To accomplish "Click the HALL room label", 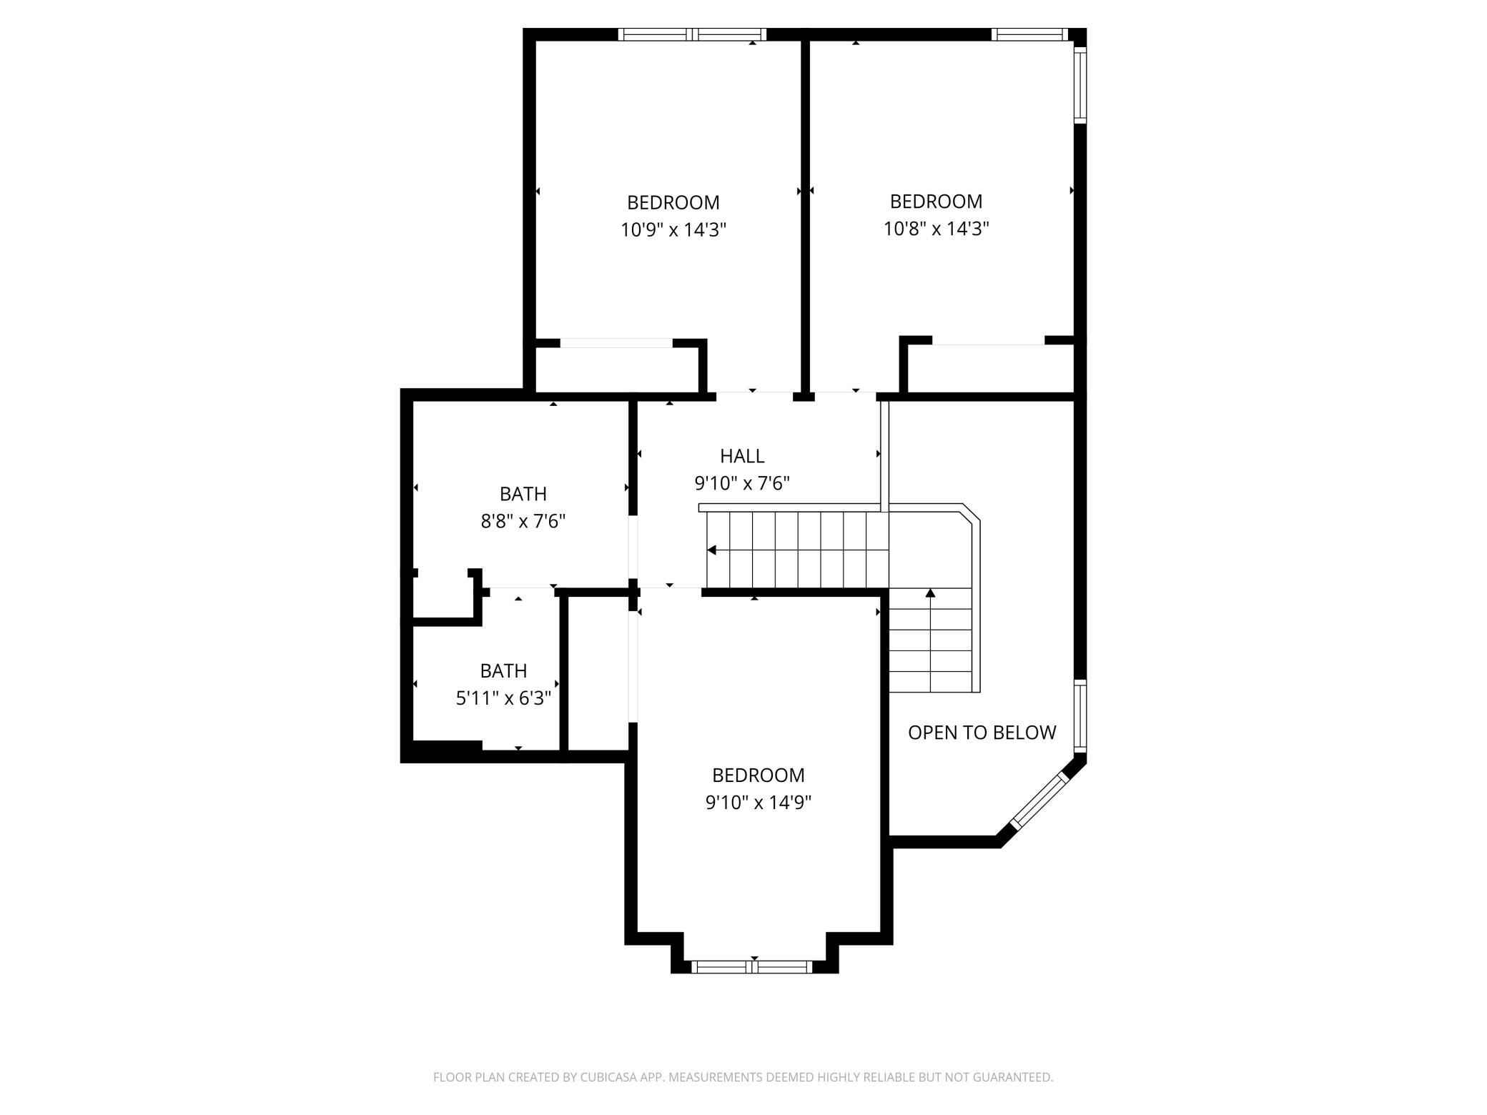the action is [x=742, y=456].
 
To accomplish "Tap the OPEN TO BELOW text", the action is [x=982, y=733].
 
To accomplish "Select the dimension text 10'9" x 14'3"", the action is [x=673, y=230].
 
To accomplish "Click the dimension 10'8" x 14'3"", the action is [x=936, y=229].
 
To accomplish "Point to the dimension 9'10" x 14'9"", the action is [x=758, y=803].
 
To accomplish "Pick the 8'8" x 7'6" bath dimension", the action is [x=523, y=522].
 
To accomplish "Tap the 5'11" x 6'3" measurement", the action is [x=503, y=698].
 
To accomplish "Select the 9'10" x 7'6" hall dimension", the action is [x=742, y=484].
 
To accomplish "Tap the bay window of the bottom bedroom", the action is [x=752, y=967].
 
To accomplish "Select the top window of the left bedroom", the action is [x=692, y=34].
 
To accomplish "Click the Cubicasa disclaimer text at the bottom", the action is [x=743, y=1077].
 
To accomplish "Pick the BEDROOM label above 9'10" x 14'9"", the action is [x=758, y=775].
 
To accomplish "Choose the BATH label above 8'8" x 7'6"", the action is [x=523, y=494].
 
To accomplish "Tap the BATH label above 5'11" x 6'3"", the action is [x=503, y=671].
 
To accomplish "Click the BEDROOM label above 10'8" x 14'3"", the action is [x=936, y=202].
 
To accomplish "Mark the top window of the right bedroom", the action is [x=1029, y=34].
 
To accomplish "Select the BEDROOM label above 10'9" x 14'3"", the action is [x=673, y=203].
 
